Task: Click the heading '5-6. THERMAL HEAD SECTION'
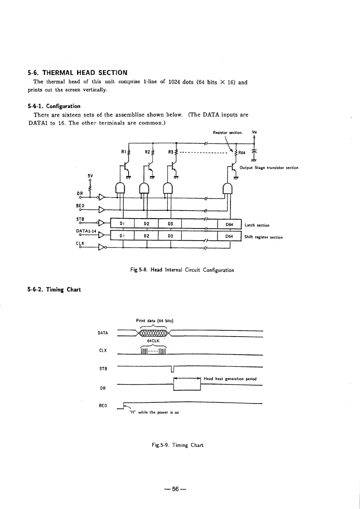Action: click(77, 73)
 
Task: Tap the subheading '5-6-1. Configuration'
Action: click(54, 106)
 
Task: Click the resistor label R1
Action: click(123, 152)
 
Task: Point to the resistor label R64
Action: click(242, 153)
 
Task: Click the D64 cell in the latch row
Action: click(229, 224)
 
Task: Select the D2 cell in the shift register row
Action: click(146, 236)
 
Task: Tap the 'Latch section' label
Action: click(257, 225)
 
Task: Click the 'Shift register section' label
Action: click(263, 237)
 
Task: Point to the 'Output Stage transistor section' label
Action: click(269, 168)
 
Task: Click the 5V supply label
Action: click(90, 175)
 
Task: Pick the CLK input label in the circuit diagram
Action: click(80, 243)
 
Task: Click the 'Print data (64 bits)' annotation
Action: click(155, 321)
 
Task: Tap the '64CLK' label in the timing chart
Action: click(153, 341)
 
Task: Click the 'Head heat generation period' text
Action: click(230, 379)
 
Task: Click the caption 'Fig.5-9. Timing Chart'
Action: click(177, 445)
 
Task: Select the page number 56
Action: click(176, 489)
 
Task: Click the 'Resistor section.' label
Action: click(228, 132)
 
